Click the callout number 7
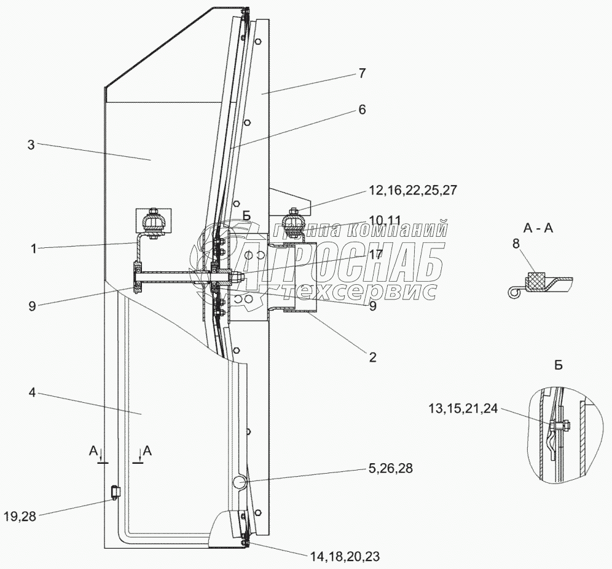point(362,73)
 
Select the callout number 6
point(362,110)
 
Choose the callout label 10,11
point(385,220)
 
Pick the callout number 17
point(376,253)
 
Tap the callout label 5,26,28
point(390,468)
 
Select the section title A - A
point(538,228)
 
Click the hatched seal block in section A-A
point(536,279)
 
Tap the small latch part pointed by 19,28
point(115,493)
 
